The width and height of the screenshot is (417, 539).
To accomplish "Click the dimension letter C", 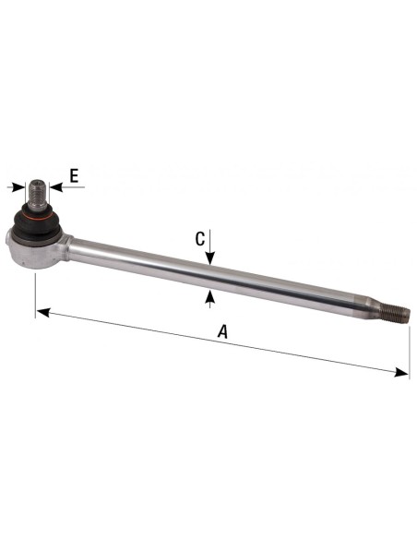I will pyautogui.click(x=199, y=238).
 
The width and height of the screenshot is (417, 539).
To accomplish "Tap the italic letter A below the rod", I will pyautogui.click(x=220, y=330).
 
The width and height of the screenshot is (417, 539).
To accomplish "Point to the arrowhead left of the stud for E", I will pyautogui.click(x=18, y=187).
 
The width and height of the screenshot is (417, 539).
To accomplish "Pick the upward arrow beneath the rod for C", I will pyautogui.click(x=210, y=296).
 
